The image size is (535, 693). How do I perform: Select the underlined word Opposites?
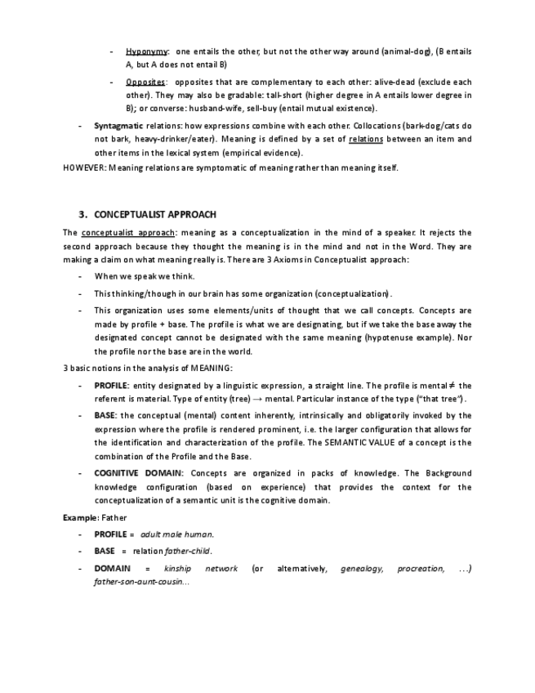click(145, 83)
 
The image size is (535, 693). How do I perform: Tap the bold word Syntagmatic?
click(118, 127)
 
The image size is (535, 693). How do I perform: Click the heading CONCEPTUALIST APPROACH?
click(155, 215)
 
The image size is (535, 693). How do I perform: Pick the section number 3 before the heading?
click(82, 215)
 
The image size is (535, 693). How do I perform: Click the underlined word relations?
click(365, 140)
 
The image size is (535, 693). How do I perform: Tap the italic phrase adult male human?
click(172, 534)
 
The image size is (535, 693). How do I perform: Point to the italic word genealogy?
click(361, 568)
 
